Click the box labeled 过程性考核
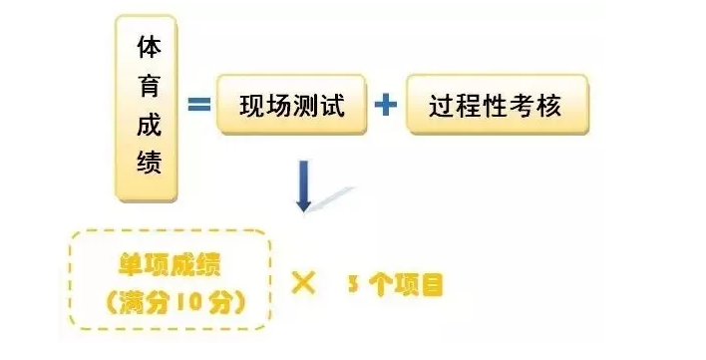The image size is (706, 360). pos(496,105)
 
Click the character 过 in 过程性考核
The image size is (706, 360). pos(444,105)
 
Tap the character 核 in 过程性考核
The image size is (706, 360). pos(548,105)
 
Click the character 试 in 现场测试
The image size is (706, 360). pos(332,105)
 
